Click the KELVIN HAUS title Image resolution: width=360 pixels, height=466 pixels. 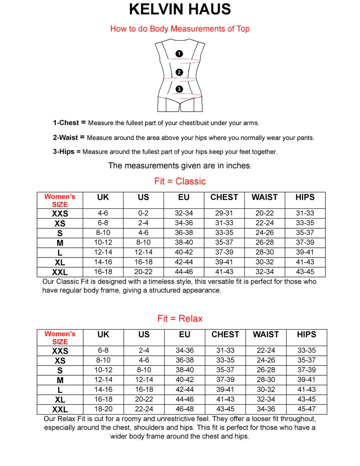(x=180, y=9)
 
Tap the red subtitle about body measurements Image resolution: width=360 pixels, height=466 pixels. (x=180, y=29)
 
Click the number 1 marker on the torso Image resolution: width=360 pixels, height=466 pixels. (x=179, y=54)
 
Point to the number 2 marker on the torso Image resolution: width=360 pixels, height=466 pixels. (x=179, y=72)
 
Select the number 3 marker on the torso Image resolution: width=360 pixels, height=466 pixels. (x=179, y=89)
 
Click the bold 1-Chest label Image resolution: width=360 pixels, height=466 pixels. (x=66, y=123)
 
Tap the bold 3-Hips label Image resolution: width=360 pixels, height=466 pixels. (x=64, y=152)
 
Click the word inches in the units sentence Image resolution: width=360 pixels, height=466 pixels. (x=238, y=166)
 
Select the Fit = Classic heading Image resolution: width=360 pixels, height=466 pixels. (x=180, y=181)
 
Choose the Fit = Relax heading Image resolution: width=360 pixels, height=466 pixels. (x=180, y=318)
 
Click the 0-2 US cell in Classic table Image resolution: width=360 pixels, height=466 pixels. (x=143, y=213)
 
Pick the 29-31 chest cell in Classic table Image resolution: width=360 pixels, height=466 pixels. (x=224, y=213)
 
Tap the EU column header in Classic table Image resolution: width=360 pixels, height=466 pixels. (x=184, y=197)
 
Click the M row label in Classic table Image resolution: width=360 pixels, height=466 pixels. (x=60, y=243)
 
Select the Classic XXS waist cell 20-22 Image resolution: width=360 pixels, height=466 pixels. (x=265, y=213)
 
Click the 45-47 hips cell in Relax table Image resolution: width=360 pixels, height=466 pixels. (x=306, y=409)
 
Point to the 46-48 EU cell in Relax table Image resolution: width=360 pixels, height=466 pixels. (x=185, y=409)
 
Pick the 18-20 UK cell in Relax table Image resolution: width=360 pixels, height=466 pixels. (x=103, y=409)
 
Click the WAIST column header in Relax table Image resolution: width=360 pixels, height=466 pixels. (x=266, y=335)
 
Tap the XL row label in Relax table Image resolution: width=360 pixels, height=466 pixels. (x=60, y=399)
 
